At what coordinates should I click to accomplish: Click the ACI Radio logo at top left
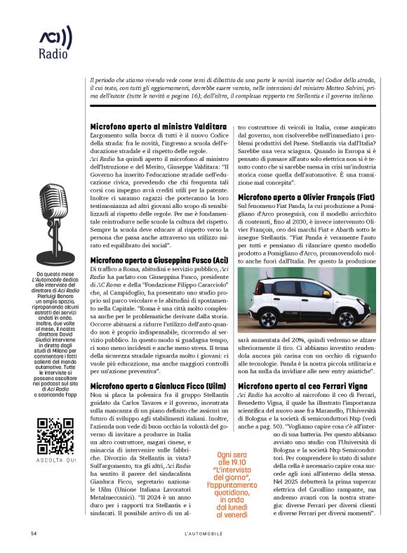tap(55, 37)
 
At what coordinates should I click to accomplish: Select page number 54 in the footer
tap(34, 534)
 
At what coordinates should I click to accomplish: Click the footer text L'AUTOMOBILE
tap(203, 534)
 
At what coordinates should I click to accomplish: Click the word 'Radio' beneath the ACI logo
tap(54, 53)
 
